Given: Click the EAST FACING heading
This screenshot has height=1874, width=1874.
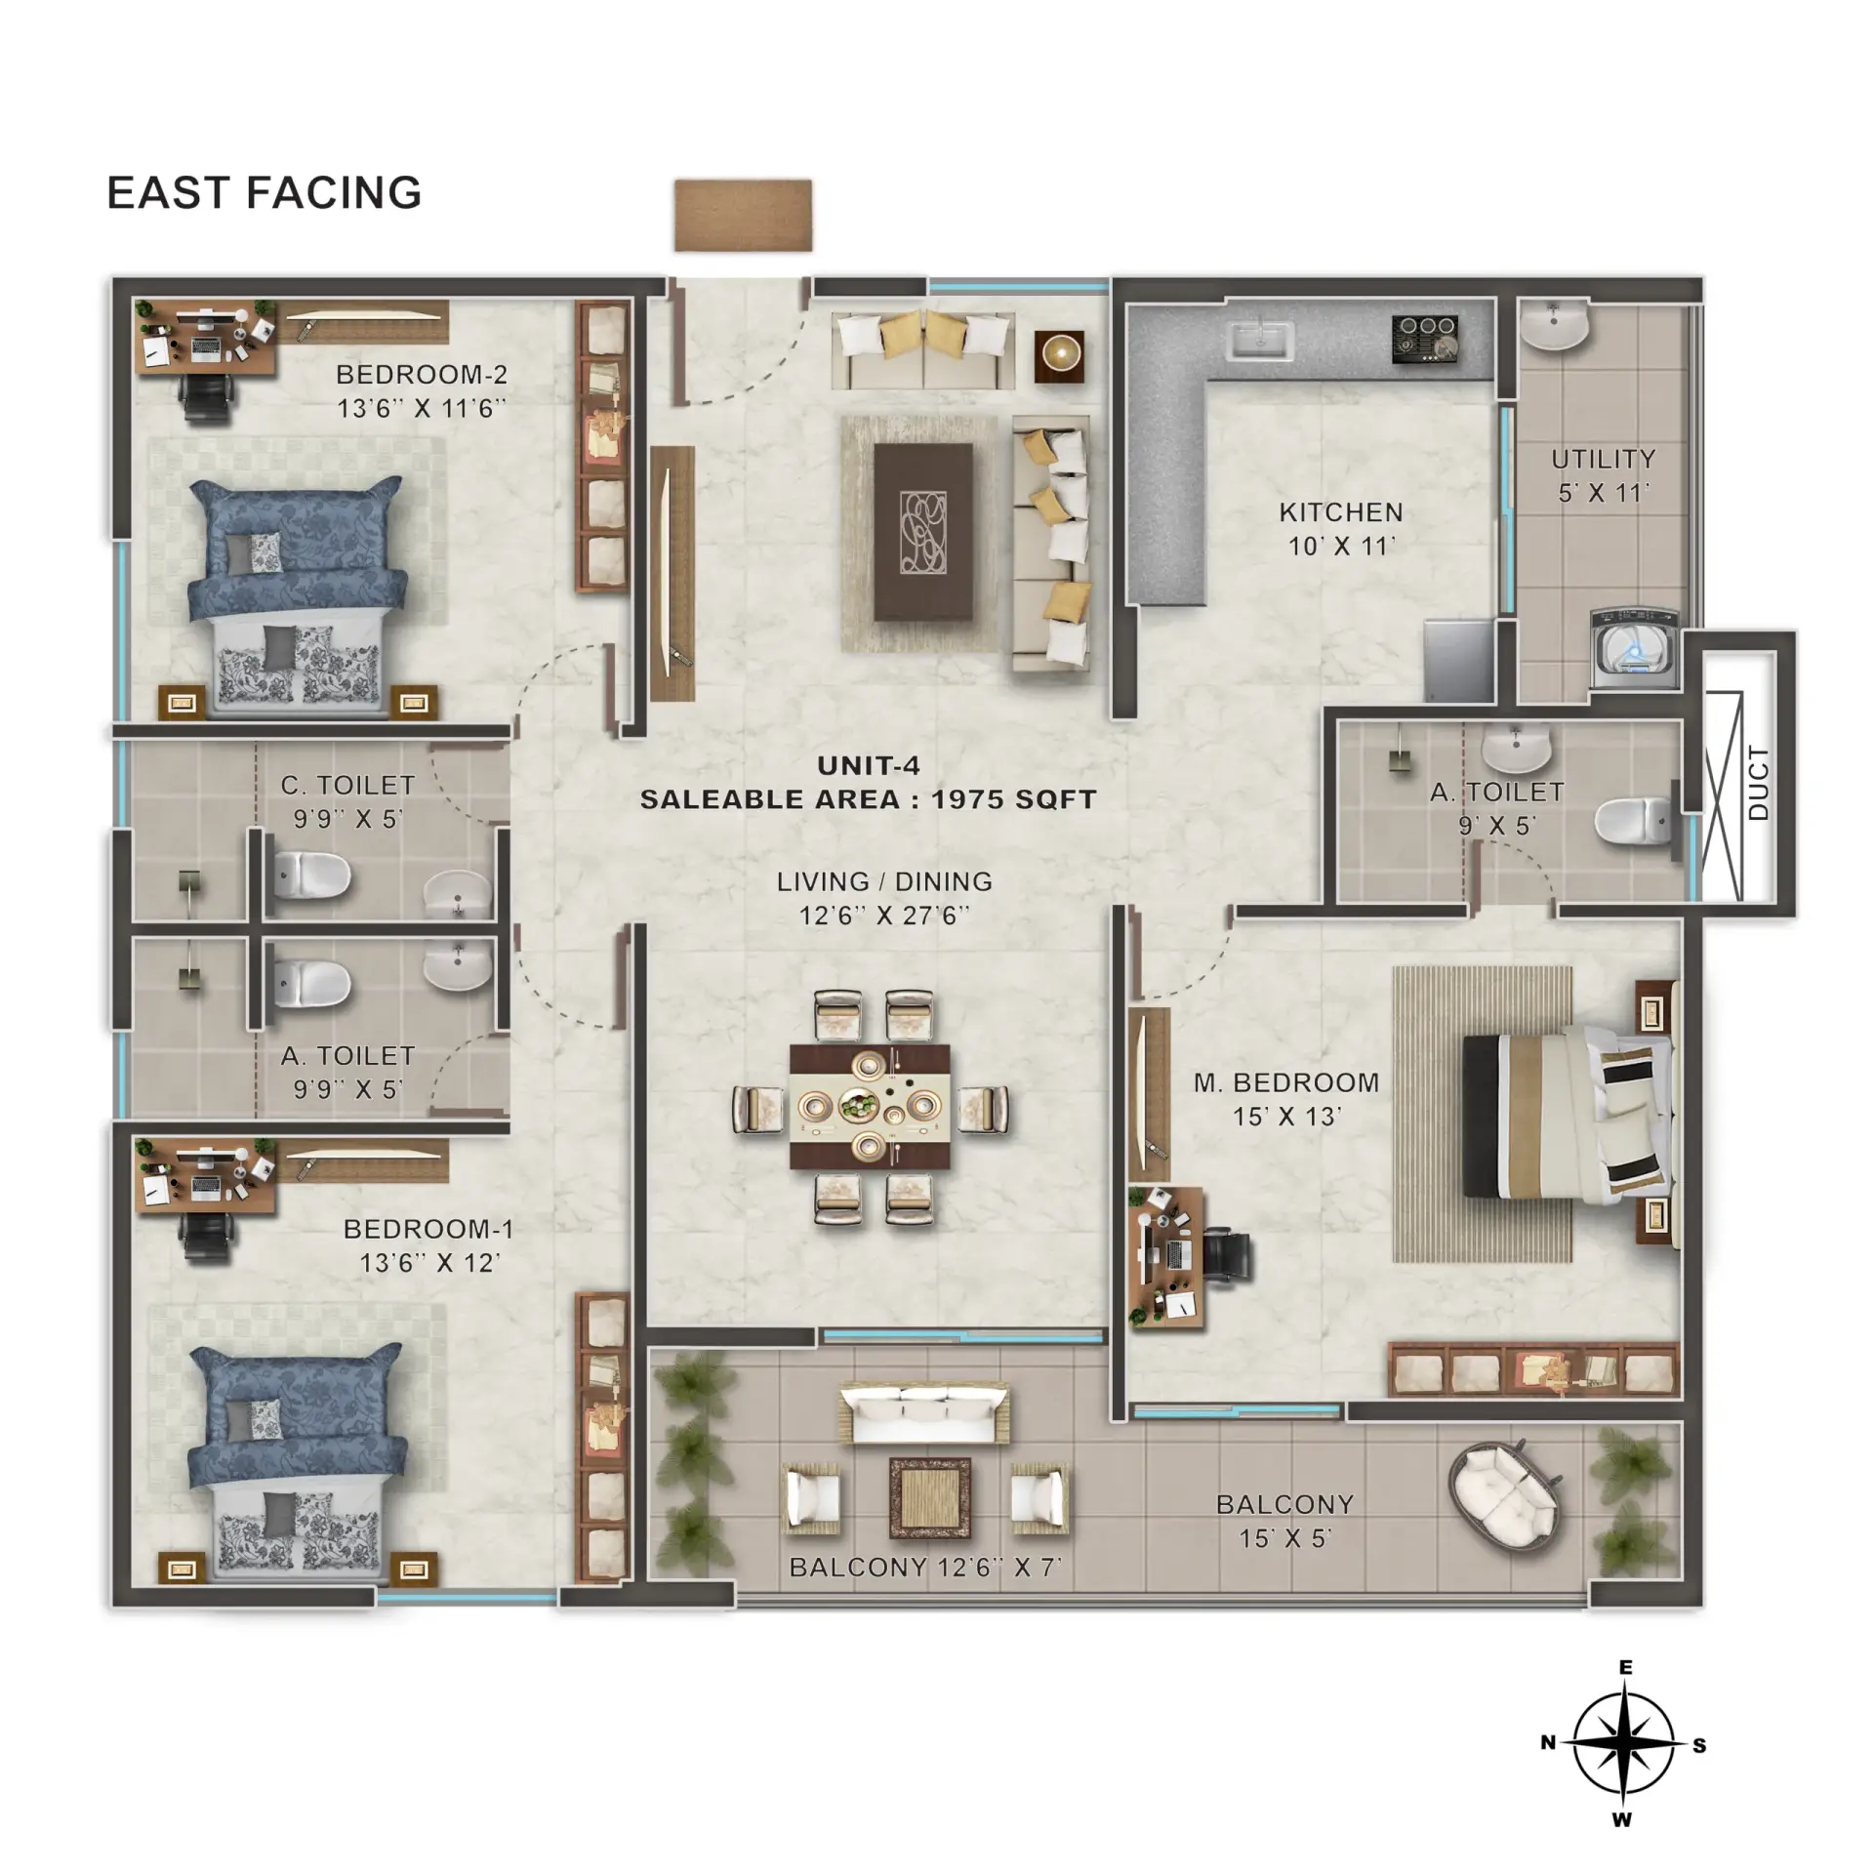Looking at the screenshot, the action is click(x=264, y=192).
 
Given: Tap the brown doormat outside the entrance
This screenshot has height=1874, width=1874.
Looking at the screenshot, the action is click(x=743, y=215).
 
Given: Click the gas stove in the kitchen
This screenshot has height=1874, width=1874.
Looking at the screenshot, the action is click(x=1425, y=338).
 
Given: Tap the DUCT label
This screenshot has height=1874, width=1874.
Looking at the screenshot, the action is click(x=1758, y=783).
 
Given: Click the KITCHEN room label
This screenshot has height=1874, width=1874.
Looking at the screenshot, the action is click(x=1341, y=512).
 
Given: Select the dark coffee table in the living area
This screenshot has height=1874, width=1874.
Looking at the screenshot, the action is click(x=923, y=532).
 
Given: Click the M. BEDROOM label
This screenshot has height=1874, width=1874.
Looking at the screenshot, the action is click(x=1286, y=1082).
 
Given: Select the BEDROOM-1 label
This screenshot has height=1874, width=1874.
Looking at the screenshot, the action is click(x=428, y=1229).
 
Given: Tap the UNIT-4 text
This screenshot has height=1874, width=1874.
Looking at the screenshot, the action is click(x=869, y=766).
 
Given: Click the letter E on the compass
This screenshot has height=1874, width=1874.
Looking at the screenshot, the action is click(x=1625, y=1667).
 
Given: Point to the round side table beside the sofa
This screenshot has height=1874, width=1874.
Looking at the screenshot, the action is click(x=1059, y=355).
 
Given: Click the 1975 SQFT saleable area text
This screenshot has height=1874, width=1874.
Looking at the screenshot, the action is click(x=1013, y=799).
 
